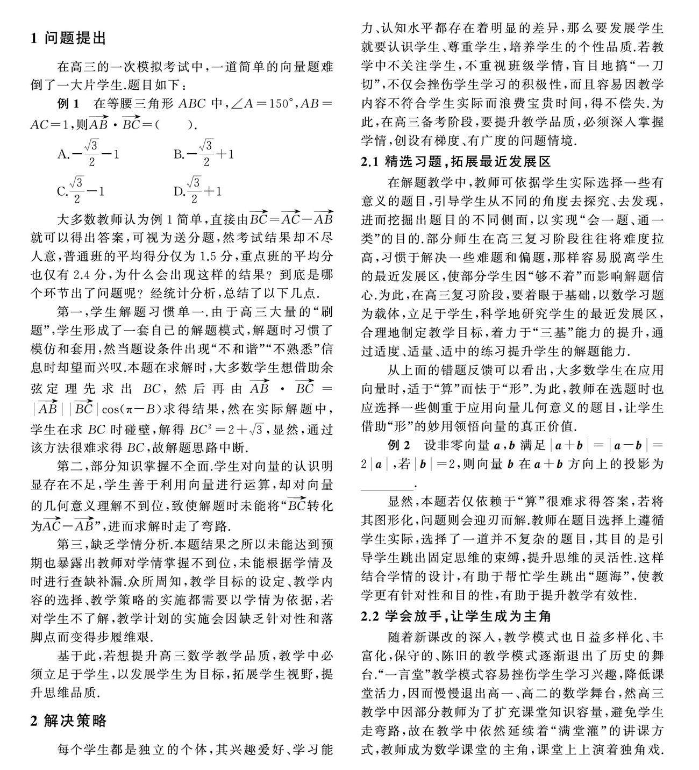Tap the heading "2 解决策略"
(x=69, y=721)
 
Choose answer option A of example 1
(x=88, y=154)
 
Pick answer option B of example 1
(x=204, y=154)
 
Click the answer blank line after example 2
(x=387, y=487)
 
